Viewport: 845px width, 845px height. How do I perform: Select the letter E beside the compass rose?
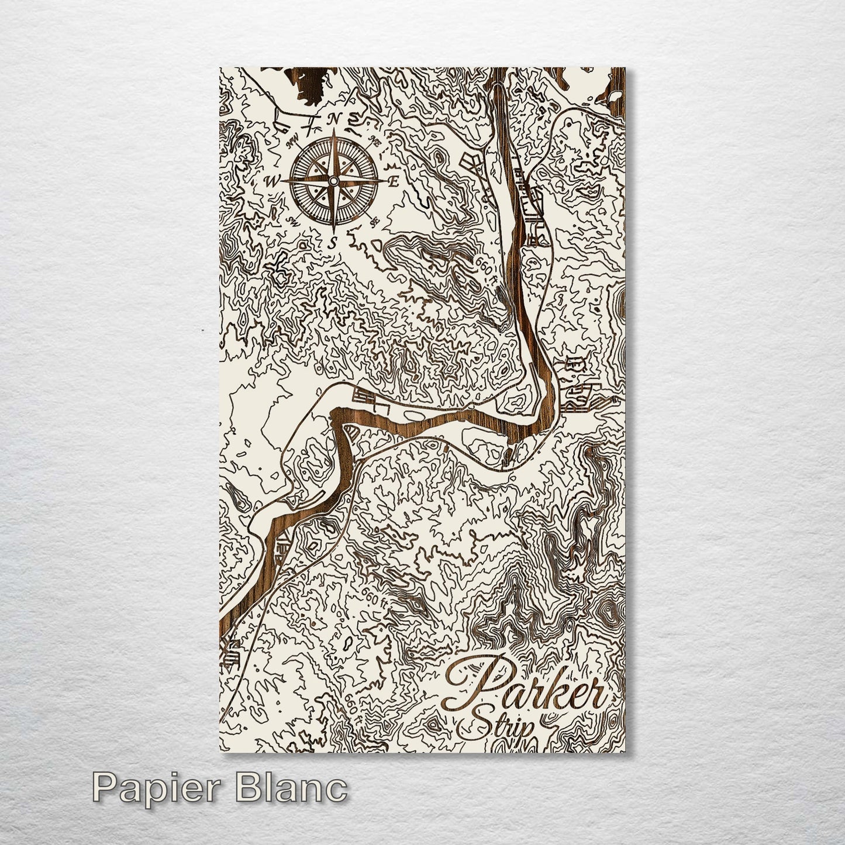(394, 182)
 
